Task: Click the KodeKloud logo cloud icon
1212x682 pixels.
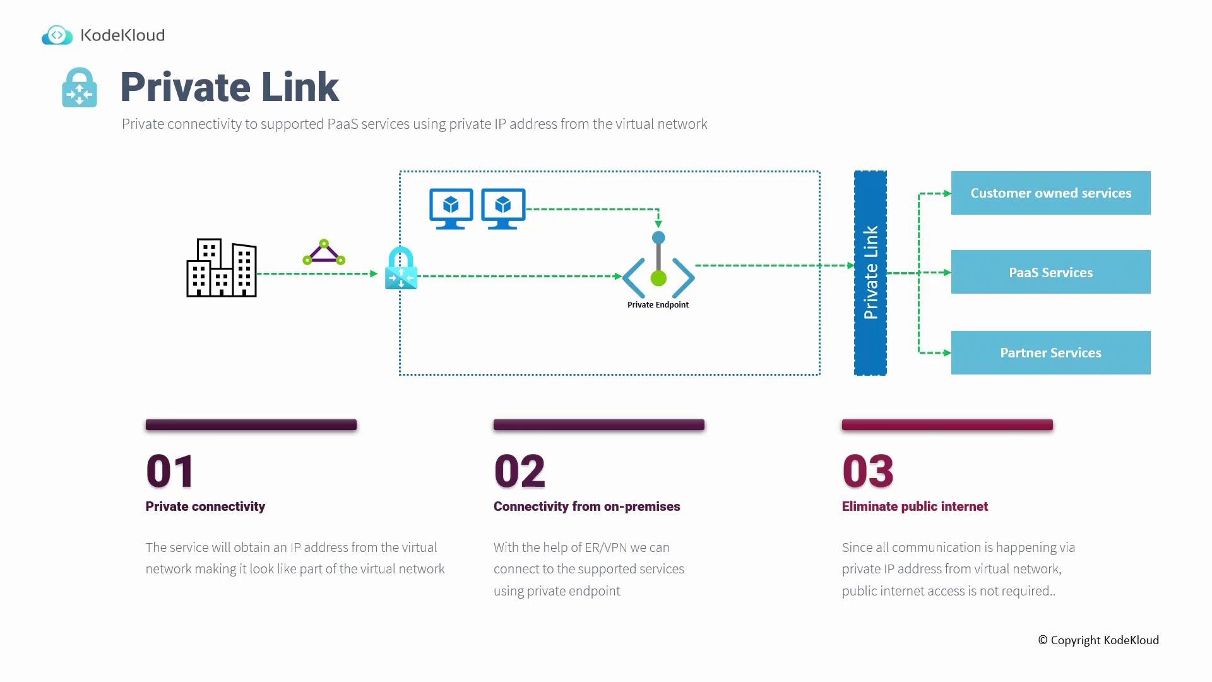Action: pos(57,35)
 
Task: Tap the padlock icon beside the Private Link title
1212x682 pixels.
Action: pos(80,88)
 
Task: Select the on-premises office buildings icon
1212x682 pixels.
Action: pos(222,268)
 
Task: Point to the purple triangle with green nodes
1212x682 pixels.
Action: pos(324,253)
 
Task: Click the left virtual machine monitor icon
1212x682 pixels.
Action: pos(451,208)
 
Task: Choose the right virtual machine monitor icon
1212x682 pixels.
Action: pos(503,208)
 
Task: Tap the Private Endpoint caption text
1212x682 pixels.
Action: pos(658,305)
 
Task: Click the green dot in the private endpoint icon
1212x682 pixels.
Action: pos(658,278)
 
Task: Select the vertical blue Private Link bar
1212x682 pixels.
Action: pos(870,273)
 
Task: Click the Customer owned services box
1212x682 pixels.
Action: pos(1050,193)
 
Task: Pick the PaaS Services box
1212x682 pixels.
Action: pos(1050,272)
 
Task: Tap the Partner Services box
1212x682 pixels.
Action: pos(1050,353)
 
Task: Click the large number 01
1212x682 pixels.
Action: pos(170,471)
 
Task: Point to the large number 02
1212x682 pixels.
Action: pos(520,471)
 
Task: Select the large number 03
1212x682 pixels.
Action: pos(868,471)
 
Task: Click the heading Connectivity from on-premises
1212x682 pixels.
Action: pos(586,506)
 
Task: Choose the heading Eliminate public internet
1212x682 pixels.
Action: pos(915,506)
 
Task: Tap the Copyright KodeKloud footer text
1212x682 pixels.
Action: pos(1098,640)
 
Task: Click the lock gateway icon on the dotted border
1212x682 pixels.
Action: pos(401,269)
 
